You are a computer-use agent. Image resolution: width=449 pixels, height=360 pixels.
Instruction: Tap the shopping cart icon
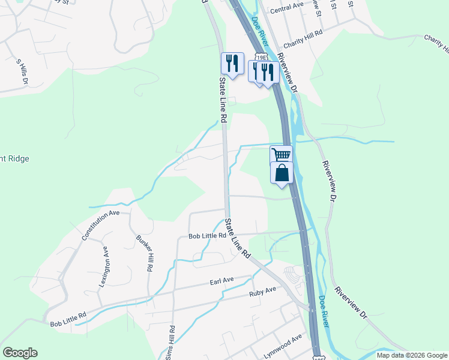[x=281, y=154]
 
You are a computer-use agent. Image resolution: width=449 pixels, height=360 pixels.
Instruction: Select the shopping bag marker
[x=282, y=173]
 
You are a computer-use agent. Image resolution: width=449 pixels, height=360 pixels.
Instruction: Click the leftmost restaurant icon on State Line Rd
[x=232, y=62]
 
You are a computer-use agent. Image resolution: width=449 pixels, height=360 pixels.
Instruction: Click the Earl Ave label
[x=221, y=280]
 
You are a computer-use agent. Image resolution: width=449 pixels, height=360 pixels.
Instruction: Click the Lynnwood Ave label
[x=283, y=347]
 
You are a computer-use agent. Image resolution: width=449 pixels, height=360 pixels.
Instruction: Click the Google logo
[x=20, y=353]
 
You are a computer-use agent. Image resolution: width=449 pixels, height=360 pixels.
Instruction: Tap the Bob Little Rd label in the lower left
[x=68, y=319]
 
